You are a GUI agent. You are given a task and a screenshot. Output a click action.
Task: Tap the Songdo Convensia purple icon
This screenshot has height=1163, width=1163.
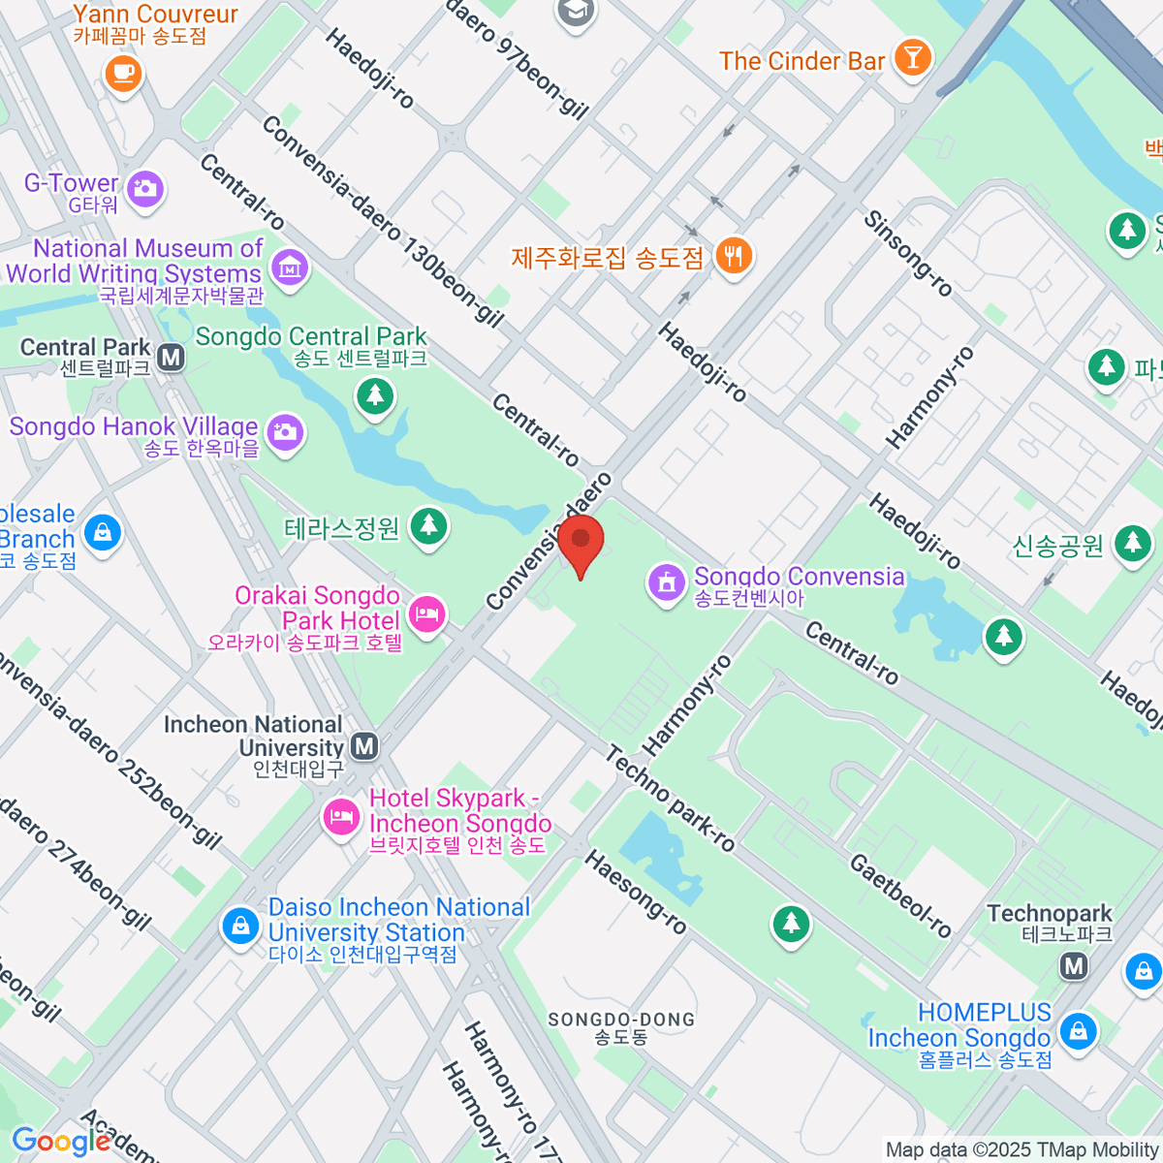[x=666, y=583]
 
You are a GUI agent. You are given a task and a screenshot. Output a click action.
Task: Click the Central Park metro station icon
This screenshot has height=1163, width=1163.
[x=172, y=358]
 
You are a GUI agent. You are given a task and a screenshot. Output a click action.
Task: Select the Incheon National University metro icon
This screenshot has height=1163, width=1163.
[x=364, y=746]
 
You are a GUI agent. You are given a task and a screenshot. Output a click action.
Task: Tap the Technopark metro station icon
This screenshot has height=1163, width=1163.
[x=1073, y=965]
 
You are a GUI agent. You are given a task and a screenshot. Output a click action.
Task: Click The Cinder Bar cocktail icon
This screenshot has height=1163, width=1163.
[x=911, y=57]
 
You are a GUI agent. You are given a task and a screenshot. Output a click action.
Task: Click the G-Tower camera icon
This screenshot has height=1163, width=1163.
[x=145, y=188]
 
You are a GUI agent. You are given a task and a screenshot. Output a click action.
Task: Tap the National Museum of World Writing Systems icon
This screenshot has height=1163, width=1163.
[x=290, y=266]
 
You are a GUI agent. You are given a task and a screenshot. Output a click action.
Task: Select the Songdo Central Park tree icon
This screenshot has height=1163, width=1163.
[x=374, y=394]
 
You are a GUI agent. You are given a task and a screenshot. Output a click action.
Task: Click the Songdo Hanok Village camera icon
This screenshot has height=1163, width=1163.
[x=285, y=431]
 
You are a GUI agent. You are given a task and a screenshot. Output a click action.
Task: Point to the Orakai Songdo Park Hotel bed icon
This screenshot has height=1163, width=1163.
[x=426, y=613]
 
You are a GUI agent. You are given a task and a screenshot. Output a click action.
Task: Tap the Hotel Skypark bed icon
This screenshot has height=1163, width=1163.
[x=340, y=816]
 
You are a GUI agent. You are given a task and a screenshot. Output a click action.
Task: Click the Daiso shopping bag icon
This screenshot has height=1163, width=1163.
[x=239, y=926]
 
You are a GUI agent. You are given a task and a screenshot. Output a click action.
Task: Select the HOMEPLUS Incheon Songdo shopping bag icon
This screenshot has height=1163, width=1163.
[x=1077, y=1030]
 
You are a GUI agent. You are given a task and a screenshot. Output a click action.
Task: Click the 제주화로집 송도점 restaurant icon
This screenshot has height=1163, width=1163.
[x=734, y=256]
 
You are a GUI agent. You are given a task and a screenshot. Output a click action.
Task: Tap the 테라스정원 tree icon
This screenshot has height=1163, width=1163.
[x=427, y=526]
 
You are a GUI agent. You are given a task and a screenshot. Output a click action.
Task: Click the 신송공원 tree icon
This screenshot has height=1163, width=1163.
[x=1132, y=543]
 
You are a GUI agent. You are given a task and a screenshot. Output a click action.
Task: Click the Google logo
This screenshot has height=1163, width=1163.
[x=61, y=1142]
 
